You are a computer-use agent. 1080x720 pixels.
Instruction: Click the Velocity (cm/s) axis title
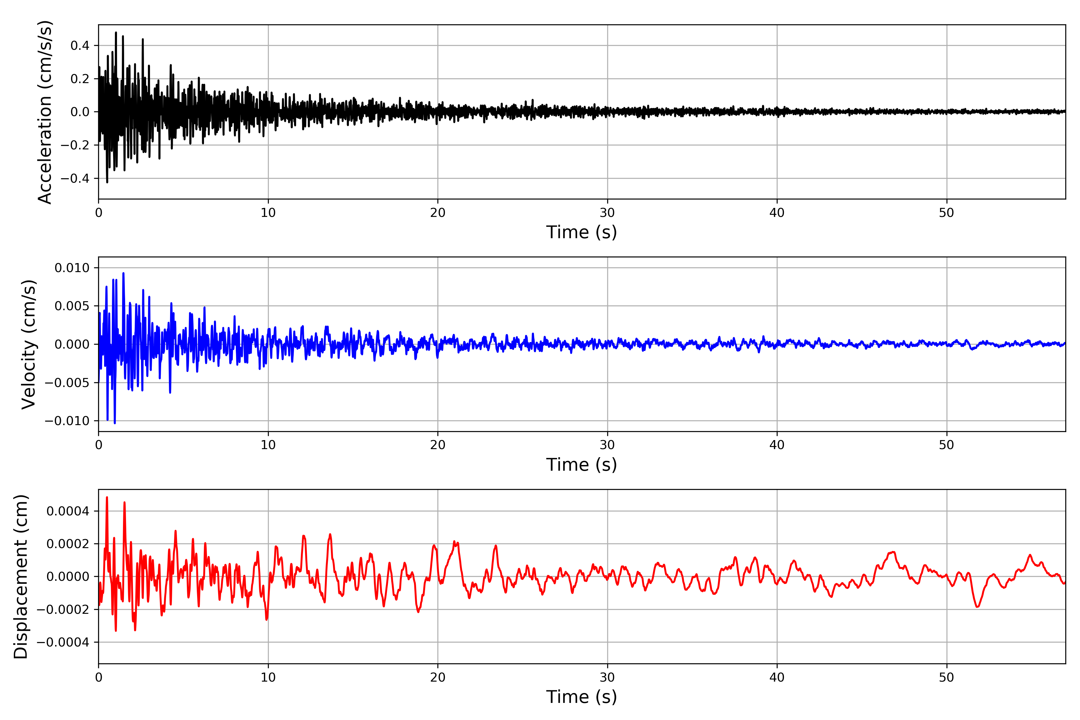point(28,344)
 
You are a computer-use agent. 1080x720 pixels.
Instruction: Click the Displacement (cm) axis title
point(21,577)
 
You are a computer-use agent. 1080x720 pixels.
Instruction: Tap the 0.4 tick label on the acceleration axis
point(80,46)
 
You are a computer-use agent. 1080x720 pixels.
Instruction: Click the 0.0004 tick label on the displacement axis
point(68,511)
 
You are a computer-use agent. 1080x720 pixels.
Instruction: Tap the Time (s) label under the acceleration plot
point(581,232)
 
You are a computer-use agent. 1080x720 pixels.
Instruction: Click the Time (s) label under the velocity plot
point(581,465)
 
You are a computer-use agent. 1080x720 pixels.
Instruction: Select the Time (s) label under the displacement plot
point(581,697)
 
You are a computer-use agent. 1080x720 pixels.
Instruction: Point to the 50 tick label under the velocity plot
point(946,445)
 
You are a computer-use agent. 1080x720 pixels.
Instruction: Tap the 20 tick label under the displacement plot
point(438,677)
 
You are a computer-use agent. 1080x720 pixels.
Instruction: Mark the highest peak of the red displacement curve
point(107,497)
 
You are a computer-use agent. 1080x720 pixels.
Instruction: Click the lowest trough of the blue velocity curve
point(115,423)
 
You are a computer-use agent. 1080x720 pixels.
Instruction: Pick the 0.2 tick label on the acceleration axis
point(80,79)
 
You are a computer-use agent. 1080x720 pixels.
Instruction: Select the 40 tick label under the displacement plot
point(777,677)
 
